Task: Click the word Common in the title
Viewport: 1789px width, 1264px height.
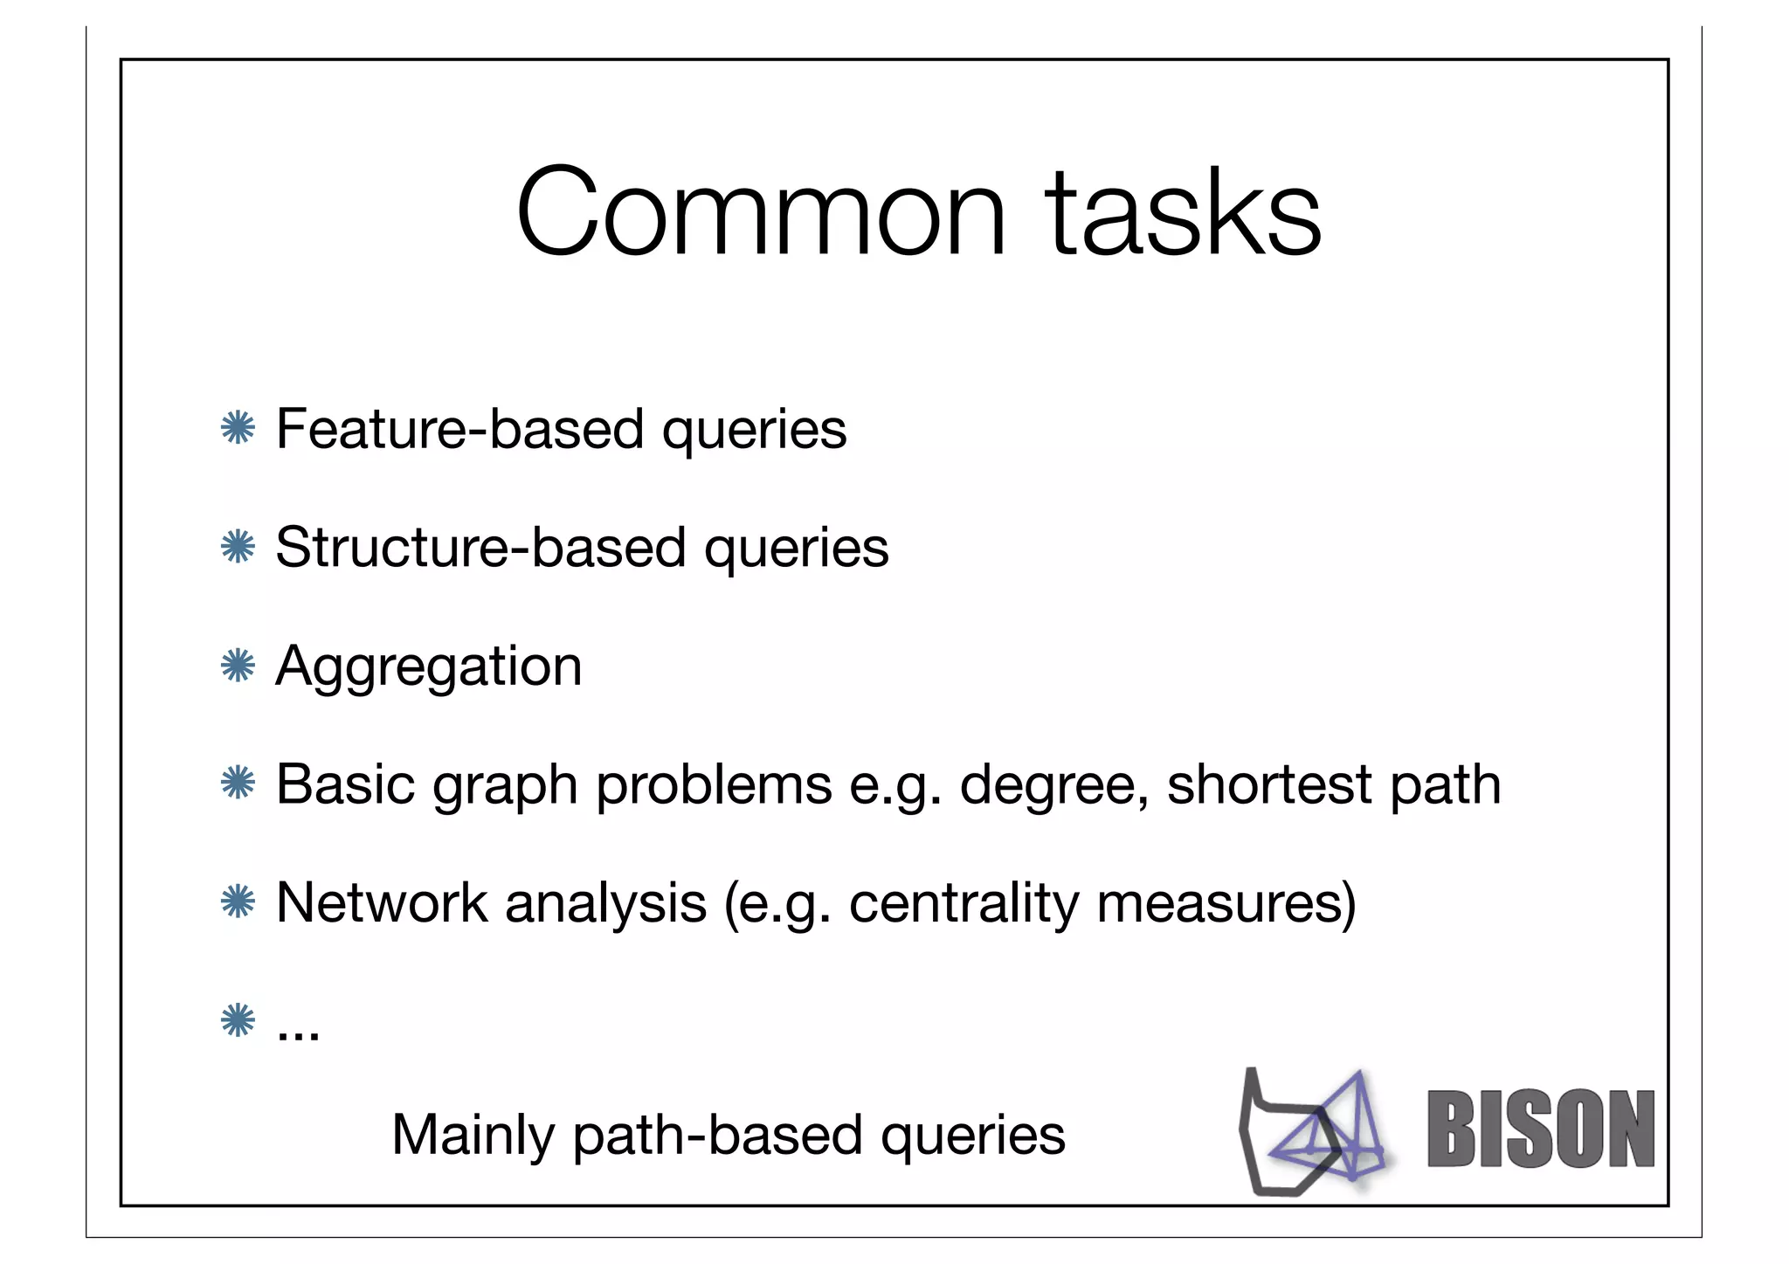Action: click(x=760, y=214)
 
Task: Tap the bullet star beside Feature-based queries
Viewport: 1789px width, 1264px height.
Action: click(x=238, y=429)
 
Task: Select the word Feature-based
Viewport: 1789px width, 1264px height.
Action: click(x=459, y=429)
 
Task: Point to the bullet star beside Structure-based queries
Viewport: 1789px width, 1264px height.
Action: click(x=238, y=548)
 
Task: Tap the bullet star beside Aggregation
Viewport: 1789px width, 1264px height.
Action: click(x=238, y=667)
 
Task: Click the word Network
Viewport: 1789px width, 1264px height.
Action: click(x=381, y=902)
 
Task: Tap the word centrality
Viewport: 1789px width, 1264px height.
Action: click(x=964, y=904)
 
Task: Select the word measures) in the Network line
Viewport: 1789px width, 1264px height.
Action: click(x=1226, y=904)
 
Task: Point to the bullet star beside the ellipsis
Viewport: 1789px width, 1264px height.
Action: click(x=238, y=1020)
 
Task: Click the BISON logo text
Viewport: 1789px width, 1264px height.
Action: click(x=1541, y=1129)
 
